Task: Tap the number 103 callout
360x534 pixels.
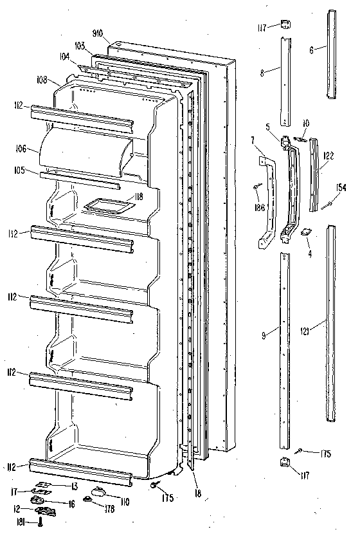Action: pyautogui.click(x=80, y=46)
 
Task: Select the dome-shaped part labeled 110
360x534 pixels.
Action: pyautogui.click(x=101, y=492)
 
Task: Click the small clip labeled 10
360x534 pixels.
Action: pyautogui.click(x=300, y=138)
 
